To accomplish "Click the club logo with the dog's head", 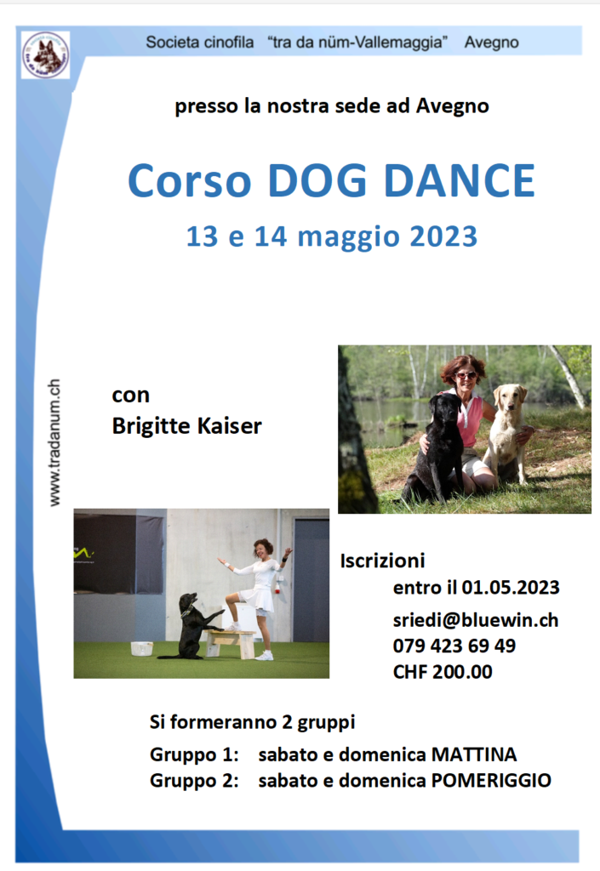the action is pos(46,55).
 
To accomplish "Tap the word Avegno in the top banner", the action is pos(491,43).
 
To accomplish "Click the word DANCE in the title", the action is pos(459,180).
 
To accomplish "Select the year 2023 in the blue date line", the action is pos(443,236).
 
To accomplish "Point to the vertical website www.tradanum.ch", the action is pos(54,442).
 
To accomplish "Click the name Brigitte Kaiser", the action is pos(186,426).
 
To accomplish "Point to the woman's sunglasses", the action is pos(466,375).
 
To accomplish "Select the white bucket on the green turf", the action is pos(141,648).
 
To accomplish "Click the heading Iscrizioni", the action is pos(382,561).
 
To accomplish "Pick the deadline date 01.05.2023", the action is pos(511,588).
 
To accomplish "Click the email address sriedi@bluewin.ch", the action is pos(476,620).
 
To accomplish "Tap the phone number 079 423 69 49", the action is pos(454,646).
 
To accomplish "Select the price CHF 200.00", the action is pos(443,672).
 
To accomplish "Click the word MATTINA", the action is pos(474,754).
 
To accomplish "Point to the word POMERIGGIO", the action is pos(491,781).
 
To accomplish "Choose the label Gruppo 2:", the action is pos(194,781).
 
